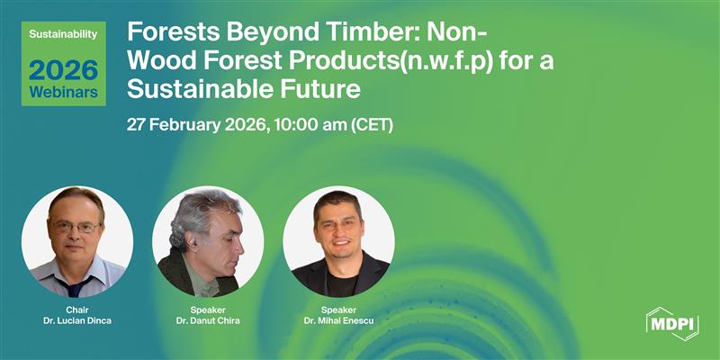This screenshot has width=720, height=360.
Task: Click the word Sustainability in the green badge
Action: click(64, 33)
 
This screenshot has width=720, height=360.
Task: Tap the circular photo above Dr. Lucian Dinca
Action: click(77, 241)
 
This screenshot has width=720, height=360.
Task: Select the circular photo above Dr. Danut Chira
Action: click(208, 241)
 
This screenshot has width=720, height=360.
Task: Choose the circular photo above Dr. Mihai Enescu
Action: click(338, 241)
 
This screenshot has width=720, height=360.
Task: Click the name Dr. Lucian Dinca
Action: click(77, 321)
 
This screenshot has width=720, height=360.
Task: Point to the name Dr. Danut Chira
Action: click(208, 321)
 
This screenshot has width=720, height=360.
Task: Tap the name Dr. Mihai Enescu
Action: click(338, 321)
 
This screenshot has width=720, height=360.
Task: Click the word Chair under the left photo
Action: click(77, 309)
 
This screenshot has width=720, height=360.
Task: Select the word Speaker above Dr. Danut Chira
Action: click(208, 309)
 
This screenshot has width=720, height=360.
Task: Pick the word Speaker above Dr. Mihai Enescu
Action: click(338, 309)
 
